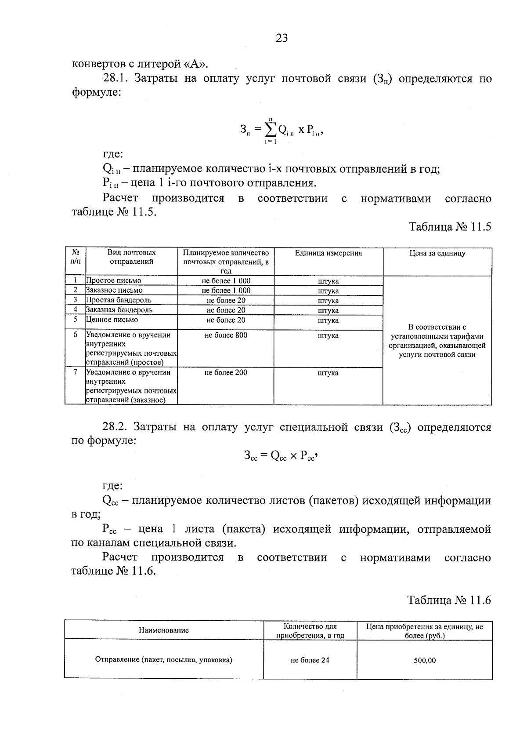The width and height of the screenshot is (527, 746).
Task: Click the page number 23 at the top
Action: click(x=282, y=38)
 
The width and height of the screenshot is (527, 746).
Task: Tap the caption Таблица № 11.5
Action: click(x=450, y=227)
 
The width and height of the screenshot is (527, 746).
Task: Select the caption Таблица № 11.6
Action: click(x=449, y=600)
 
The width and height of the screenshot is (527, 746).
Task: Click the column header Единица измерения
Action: click(x=328, y=253)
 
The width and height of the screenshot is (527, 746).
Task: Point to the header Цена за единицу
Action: click(x=437, y=253)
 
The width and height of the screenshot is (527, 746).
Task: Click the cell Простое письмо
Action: click(x=114, y=280)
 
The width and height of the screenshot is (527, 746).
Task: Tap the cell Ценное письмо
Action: click(x=112, y=320)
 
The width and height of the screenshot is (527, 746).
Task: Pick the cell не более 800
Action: click(x=226, y=335)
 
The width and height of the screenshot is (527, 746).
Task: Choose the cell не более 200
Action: click(x=226, y=373)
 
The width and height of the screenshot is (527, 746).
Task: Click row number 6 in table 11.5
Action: click(x=75, y=335)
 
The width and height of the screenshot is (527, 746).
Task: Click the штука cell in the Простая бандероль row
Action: click(x=328, y=301)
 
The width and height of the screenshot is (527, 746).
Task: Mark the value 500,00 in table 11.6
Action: click(x=424, y=660)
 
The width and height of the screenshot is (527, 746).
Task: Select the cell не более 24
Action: click(x=310, y=660)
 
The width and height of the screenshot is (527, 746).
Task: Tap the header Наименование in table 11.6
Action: click(x=163, y=630)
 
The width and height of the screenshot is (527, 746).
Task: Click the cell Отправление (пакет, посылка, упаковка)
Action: click(x=163, y=660)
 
